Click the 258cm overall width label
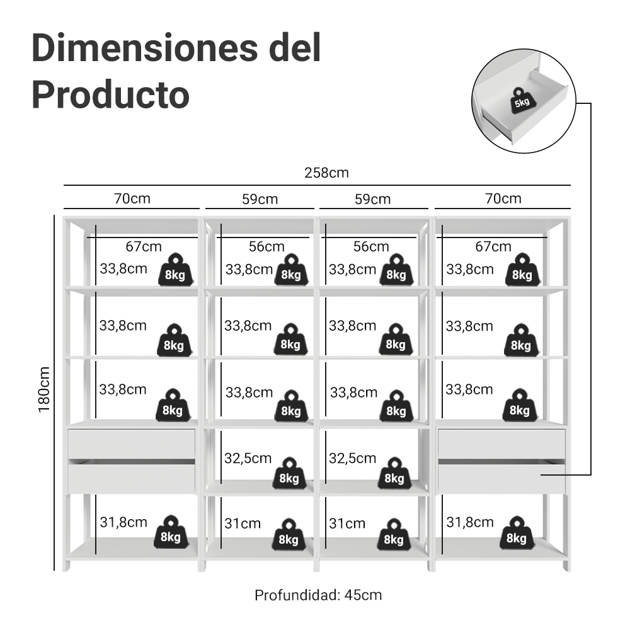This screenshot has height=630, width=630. point(326,173)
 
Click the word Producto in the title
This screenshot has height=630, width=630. point(110,95)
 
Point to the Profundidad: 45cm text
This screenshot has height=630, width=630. point(318,595)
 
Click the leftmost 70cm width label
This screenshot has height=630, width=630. point(132,198)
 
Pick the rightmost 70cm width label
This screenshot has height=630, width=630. point(503,198)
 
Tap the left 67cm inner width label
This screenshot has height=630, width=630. point(143,246)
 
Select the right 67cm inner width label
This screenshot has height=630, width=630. point(493,246)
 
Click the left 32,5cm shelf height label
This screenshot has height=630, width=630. point(248,457)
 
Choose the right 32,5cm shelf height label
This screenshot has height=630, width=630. point(353,457)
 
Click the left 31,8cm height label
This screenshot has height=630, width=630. point(123,522)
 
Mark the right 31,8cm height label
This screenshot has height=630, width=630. point(470,522)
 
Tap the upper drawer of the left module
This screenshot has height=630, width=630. point(132,444)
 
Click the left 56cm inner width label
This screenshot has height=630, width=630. point(266,246)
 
